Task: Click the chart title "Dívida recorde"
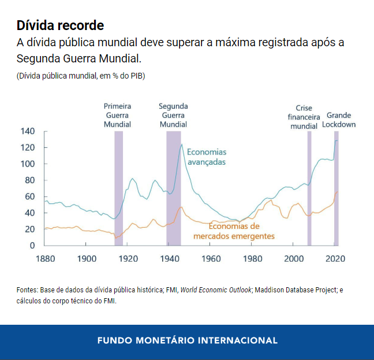[x=61, y=25]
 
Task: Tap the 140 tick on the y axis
[x=28, y=131]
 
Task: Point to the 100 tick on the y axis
[x=28, y=164]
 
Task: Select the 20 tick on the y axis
[x=30, y=229]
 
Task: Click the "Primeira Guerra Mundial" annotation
[x=117, y=115]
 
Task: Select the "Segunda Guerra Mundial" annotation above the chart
[x=173, y=115]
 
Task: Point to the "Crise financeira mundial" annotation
[x=304, y=117]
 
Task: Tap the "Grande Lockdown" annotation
[x=339, y=120]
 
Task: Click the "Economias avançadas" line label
[x=206, y=157]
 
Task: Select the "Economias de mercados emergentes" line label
[x=234, y=231]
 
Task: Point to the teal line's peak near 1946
[x=182, y=144]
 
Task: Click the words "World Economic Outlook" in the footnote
[x=216, y=290]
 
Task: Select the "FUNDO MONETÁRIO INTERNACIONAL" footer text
[x=187, y=340]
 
